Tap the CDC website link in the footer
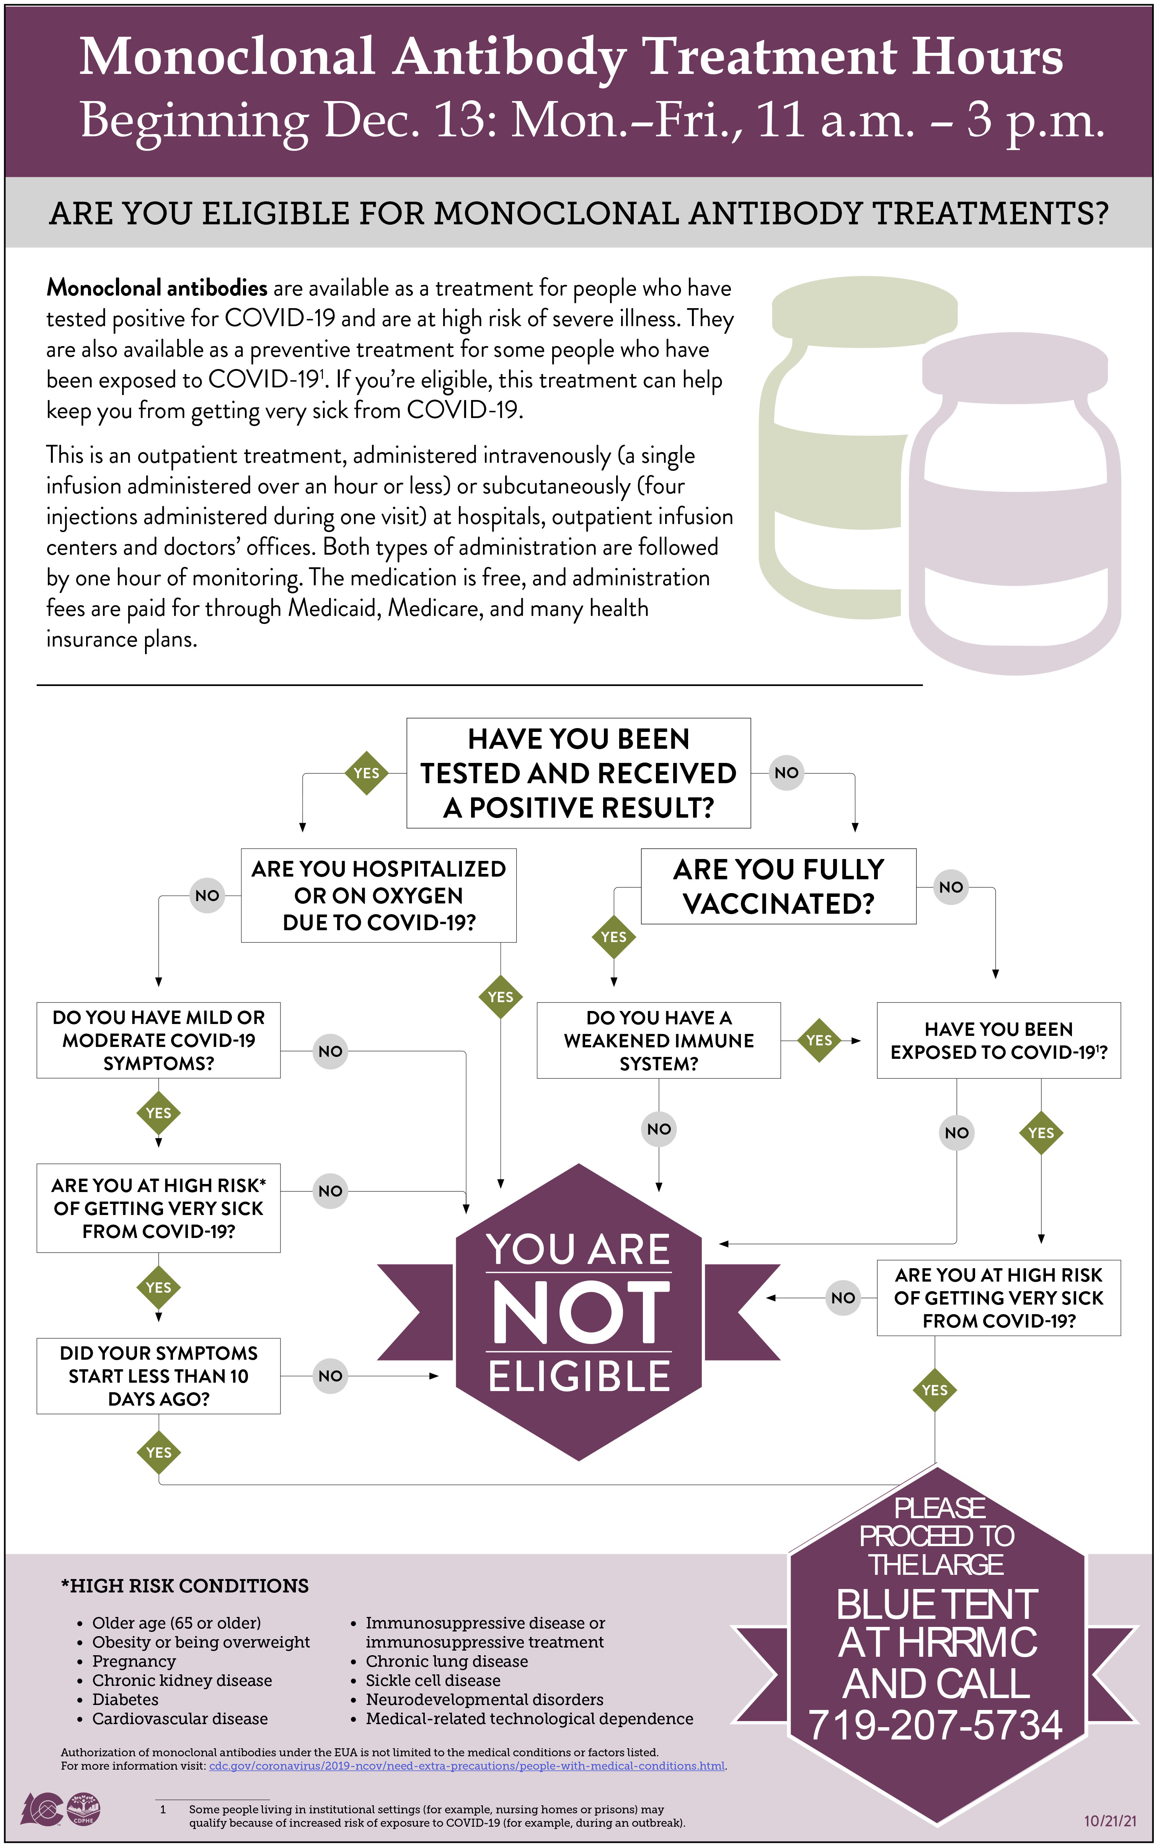tap(466, 1766)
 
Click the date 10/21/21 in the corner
tap(1109, 1820)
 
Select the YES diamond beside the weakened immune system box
tap(819, 1040)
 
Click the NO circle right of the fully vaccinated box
tap(951, 887)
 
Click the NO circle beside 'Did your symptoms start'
tap(330, 1376)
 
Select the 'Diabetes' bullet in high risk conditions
tap(125, 1699)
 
